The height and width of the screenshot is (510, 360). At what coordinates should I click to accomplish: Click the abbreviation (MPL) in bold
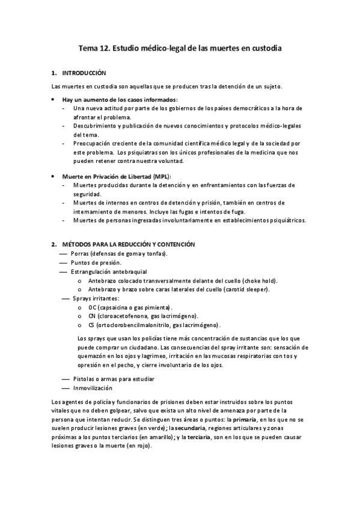point(160,176)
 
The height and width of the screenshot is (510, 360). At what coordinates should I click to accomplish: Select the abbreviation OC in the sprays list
point(92,307)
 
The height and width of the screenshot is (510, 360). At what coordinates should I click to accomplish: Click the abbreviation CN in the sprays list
point(92,316)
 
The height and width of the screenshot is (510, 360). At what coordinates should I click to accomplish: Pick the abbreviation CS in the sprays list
point(91,325)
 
